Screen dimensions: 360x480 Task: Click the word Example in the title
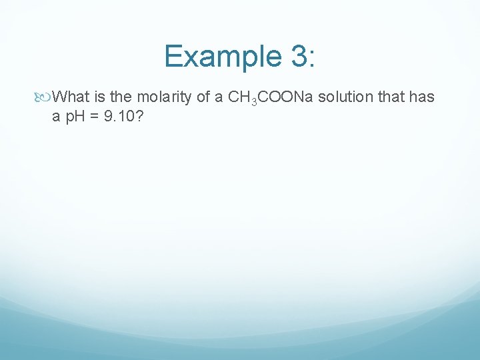coord(223,56)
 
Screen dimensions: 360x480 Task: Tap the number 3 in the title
coord(298,56)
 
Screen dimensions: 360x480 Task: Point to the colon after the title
coord(312,59)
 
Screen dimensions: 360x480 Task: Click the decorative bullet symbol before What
coord(45,97)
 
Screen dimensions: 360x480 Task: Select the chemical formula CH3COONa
coord(269,98)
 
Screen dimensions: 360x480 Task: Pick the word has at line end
coord(423,97)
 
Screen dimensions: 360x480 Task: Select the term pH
coord(73,117)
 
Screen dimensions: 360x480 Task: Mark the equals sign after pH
coord(93,117)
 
